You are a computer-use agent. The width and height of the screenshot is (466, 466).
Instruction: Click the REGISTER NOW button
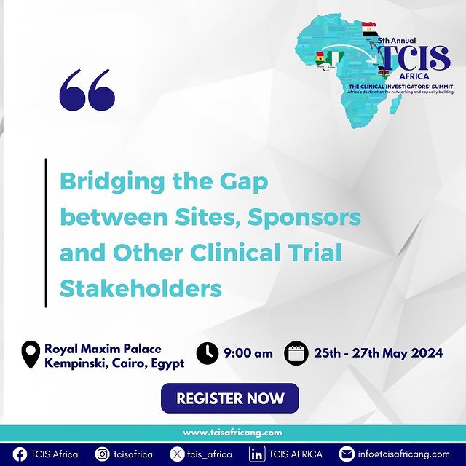pos(230,398)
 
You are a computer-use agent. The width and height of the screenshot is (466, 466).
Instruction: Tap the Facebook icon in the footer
pos(20,454)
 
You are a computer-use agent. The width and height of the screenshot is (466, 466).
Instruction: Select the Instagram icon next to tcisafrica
pos(103,454)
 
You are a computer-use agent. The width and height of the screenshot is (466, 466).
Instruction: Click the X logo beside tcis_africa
pos(177,454)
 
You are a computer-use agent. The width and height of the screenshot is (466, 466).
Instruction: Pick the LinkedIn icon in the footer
pos(257,454)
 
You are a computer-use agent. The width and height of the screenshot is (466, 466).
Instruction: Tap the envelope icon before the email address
pos(347,454)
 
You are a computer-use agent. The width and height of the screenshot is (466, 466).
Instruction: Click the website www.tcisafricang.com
pos(232,433)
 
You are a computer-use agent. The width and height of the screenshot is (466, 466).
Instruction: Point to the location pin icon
pos(31,355)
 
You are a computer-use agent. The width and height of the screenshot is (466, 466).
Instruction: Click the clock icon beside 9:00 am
pos(208,353)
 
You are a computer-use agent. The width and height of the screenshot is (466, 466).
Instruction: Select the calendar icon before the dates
pos(296,353)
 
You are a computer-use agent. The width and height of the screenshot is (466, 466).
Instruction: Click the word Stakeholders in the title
pos(141,288)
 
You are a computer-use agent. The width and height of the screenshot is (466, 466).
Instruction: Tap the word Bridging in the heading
pos(112,183)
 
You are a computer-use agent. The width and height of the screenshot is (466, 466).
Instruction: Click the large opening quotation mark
pos(87,90)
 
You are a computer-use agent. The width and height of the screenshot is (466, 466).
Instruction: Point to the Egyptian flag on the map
pos(369,30)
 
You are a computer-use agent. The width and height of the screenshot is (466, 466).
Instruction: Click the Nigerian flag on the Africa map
pos(334,58)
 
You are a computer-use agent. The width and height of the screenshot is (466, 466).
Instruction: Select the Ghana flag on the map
pos(320,58)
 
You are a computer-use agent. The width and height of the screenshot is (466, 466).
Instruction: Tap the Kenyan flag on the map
pos(384,73)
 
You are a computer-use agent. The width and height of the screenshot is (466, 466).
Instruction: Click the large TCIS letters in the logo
pos(414,58)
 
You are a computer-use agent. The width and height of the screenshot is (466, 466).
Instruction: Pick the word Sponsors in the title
pos(304,218)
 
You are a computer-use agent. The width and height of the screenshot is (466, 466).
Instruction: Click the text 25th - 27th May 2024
pos(379,353)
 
